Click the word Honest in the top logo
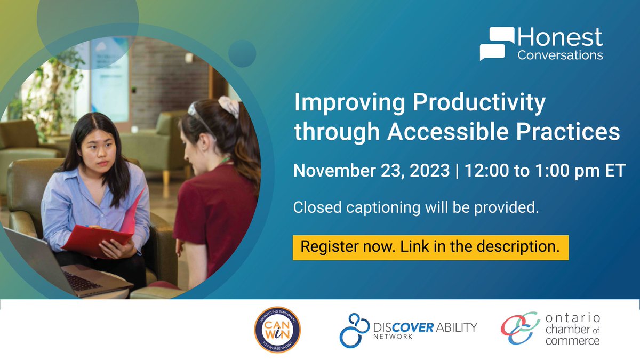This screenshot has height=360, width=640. (560, 37)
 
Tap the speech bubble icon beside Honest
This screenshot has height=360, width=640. (497, 44)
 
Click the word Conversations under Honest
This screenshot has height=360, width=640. (560, 55)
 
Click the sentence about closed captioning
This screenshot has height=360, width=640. (415, 208)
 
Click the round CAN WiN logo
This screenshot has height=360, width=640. (276, 330)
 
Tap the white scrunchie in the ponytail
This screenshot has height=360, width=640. (230, 106)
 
